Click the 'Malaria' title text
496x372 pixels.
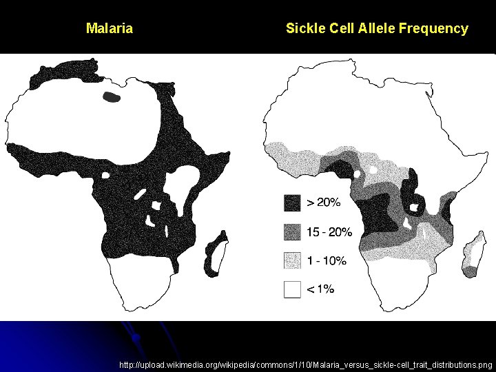coord(110,29)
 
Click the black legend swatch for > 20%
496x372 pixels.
coord(292,203)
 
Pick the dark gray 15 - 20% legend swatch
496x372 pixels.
coord(292,231)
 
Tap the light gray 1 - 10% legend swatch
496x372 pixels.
coord(292,260)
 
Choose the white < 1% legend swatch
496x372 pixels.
coord(292,289)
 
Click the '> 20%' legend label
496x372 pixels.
coord(323,203)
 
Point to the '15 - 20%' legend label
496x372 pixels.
coord(329,231)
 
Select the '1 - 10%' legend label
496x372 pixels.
coord(327,260)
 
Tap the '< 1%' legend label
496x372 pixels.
coord(320,289)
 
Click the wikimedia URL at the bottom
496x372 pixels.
coord(306,364)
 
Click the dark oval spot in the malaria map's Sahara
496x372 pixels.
coord(111,98)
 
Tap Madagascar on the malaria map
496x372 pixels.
coord(216,254)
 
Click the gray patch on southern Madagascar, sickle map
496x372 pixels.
coord(470,271)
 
